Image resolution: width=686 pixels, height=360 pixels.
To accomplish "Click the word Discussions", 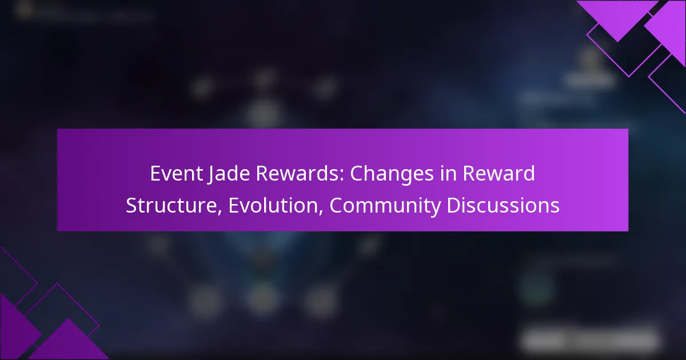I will click(x=503, y=206).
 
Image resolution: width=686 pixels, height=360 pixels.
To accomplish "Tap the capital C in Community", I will click(x=337, y=206).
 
